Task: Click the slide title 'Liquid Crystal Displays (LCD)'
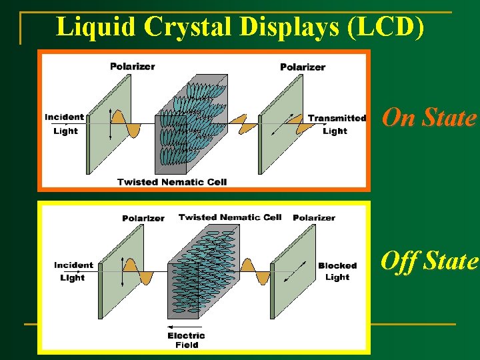240,27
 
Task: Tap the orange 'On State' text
429,118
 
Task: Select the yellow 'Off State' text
429,261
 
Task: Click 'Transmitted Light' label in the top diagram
337,125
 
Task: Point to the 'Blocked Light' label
337,271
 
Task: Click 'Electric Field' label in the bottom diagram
187,340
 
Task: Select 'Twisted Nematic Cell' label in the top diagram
172,182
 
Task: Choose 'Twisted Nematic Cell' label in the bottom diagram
230,217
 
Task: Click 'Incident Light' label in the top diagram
65,124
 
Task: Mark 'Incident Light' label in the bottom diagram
73,271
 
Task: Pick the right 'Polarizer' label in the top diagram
303,67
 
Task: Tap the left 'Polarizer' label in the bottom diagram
143,219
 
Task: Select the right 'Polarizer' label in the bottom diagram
314,218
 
